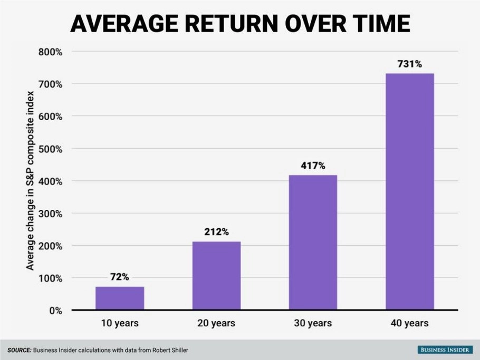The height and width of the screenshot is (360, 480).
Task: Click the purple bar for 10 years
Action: (x=120, y=298)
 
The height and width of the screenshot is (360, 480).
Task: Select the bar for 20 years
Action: (x=216, y=276)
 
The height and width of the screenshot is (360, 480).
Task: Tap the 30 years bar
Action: (x=313, y=242)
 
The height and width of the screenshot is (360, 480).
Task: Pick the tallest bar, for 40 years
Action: (x=410, y=191)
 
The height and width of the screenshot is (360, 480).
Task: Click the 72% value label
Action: (x=120, y=277)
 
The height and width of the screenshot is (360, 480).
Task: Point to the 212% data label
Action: (x=216, y=232)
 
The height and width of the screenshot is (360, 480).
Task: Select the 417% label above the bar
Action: (x=313, y=166)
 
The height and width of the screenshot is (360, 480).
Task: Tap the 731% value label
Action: (x=410, y=64)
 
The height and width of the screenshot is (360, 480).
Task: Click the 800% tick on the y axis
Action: (x=50, y=52)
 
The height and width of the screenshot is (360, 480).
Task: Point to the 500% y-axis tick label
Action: (x=50, y=149)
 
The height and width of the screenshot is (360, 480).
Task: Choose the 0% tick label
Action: (x=55, y=311)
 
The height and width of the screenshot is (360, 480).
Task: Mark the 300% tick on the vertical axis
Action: (x=50, y=214)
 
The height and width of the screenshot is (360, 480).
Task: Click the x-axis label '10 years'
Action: (x=120, y=323)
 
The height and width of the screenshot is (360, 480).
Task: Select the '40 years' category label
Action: (x=410, y=323)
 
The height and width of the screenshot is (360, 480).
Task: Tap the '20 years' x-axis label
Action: (x=216, y=323)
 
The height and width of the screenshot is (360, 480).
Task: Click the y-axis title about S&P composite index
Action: (x=30, y=181)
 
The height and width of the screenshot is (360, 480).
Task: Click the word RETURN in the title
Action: (x=232, y=24)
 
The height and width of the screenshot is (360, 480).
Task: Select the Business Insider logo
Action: (x=445, y=349)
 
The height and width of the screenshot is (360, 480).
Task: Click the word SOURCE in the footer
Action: (x=20, y=350)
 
